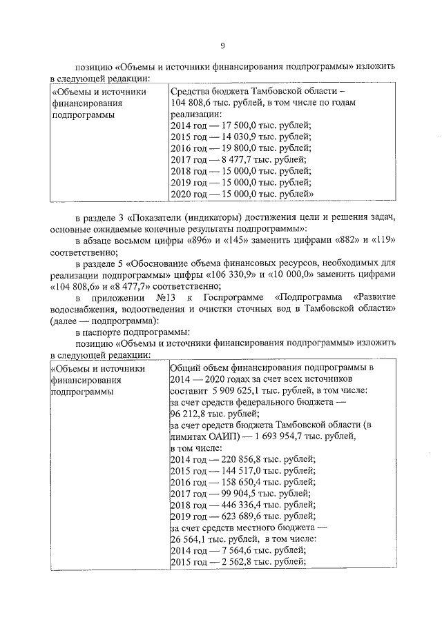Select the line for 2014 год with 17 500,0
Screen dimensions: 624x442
click(240, 125)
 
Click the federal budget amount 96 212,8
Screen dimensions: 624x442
click(191, 414)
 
